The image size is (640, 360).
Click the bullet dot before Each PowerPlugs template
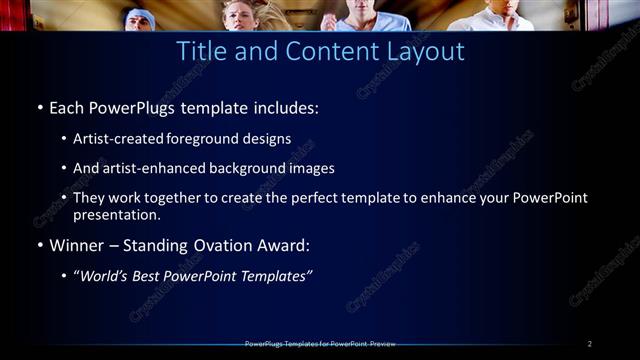click(39, 107)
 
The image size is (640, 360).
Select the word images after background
click(311, 168)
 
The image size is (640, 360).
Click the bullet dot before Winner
click(39, 245)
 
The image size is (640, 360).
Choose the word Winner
click(77, 245)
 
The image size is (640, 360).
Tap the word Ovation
click(213, 245)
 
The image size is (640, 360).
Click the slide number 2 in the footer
click(589, 344)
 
